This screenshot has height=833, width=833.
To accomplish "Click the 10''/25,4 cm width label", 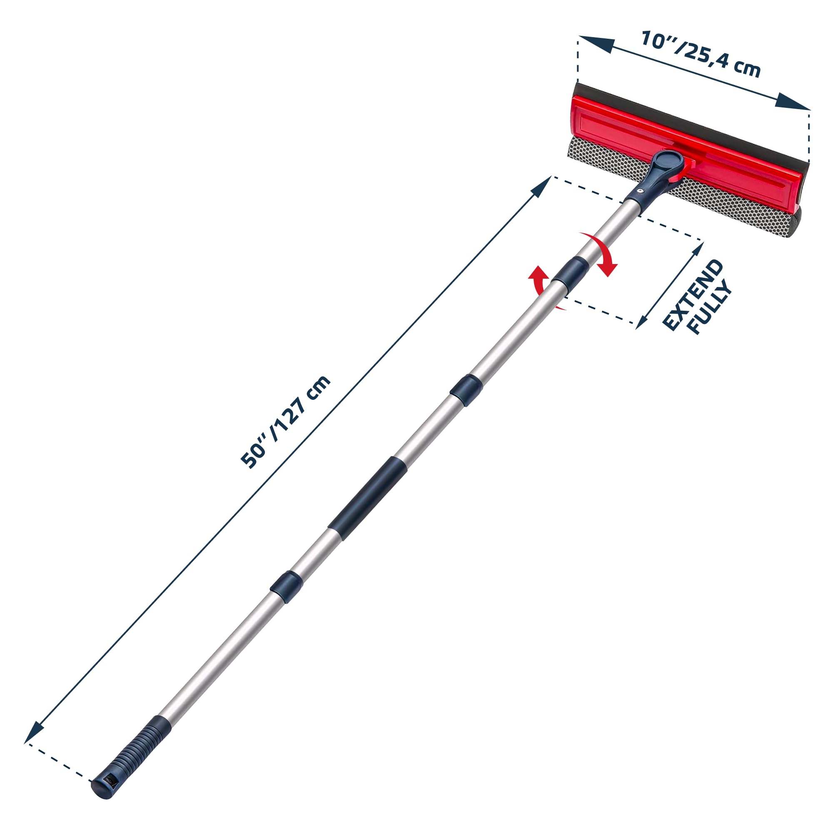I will (x=700, y=53).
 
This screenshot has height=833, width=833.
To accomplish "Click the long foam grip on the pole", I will (x=368, y=498).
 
